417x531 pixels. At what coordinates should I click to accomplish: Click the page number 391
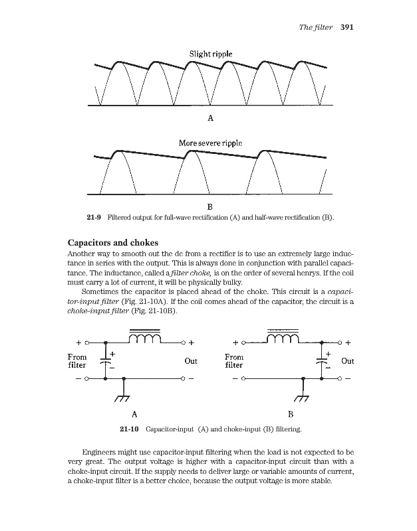coord(346,28)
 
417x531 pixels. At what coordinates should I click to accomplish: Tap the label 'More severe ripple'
coord(210,142)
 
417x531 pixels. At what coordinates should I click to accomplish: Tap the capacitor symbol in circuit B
coord(322,361)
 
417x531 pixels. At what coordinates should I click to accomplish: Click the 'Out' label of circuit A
coord(191,362)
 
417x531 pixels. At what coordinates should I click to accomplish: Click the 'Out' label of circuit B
coord(347,362)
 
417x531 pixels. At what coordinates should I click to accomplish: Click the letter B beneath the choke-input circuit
coord(290,413)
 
